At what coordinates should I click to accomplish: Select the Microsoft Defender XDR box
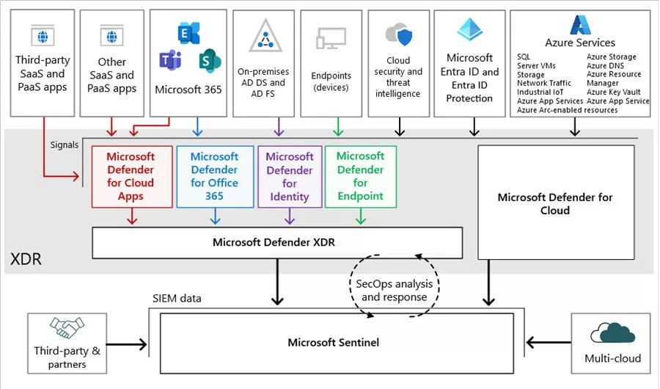pyautogui.click(x=277, y=242)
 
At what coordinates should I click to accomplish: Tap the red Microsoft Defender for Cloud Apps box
pyautogui.click(x=131, y=176)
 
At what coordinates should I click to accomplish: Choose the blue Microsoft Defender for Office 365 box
pyautogui.click(x=214, y=176)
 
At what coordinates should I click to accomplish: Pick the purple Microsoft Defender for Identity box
pyautogui.click(x=290, y=176)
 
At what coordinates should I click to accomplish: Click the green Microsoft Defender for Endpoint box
pyautogui.click(x=360, y=176)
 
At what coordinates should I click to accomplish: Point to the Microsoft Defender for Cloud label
pyautogui.click(x=555, y=203)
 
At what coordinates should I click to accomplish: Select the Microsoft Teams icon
pyautogui.click(x=170, y=60)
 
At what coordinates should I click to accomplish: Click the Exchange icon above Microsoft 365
pyautogui.click(x=189, y=32)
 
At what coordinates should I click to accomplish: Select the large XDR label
pyautogui.click(x=26, y=258)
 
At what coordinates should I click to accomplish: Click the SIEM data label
pyautogui.click(x=177, y=298)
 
